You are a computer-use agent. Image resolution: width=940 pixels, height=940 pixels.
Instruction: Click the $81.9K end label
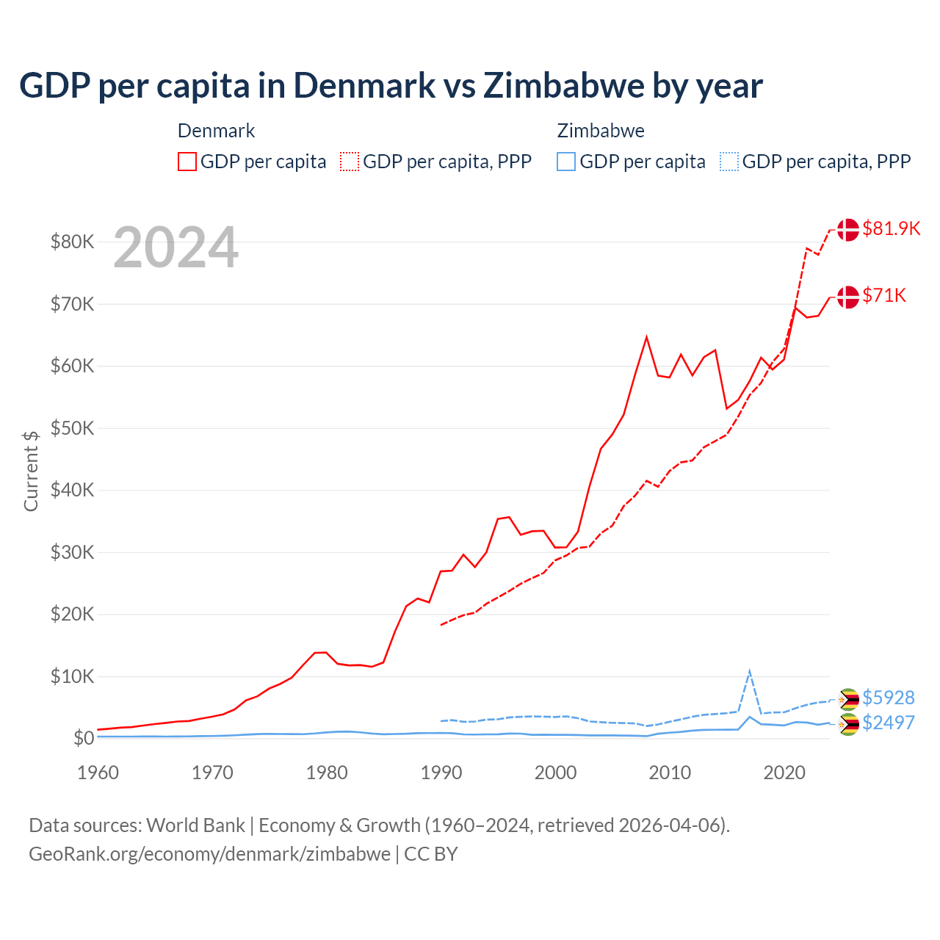(x=891, y=228)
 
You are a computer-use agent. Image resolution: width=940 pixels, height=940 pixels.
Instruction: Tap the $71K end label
(x=884, y=295)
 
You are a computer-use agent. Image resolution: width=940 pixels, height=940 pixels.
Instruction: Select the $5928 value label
(x=888, y=697)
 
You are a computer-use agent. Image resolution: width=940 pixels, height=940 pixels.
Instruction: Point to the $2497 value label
(x=888, y=723)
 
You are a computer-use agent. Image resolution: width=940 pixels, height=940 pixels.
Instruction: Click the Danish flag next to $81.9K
(x=848, y=229)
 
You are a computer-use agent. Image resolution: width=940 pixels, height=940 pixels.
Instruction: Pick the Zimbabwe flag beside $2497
(x=848, y=724)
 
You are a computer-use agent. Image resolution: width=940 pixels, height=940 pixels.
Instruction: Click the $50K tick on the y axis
(x=72, y=428)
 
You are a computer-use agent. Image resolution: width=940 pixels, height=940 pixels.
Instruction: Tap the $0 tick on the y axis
(x=83, y=738)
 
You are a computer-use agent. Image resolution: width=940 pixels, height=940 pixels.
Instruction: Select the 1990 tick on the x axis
(x=441, y=773)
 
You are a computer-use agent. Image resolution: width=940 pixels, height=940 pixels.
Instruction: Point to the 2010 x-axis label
(x=670, y=773)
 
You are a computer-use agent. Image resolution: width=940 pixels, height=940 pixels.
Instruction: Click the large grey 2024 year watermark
(x=176, y=247)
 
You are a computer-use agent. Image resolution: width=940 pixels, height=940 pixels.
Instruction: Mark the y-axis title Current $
(x=31, y=471)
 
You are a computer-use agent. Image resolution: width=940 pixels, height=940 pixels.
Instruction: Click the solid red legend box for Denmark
(x=187, y=162)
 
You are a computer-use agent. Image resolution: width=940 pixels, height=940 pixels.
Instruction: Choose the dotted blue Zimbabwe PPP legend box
(x=729, y=162)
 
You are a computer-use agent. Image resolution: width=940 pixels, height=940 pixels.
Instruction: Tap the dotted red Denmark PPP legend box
(x=350, y=162)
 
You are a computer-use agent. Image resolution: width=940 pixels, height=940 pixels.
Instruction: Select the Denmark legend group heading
(x=216, y=131)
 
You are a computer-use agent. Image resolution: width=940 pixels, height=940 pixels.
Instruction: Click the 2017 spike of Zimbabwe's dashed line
(x=749, y=671)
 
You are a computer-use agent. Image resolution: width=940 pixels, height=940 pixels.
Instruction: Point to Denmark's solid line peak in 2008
(x=646, y=338)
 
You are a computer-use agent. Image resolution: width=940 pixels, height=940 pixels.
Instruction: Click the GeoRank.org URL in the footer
(x=209, y=854)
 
